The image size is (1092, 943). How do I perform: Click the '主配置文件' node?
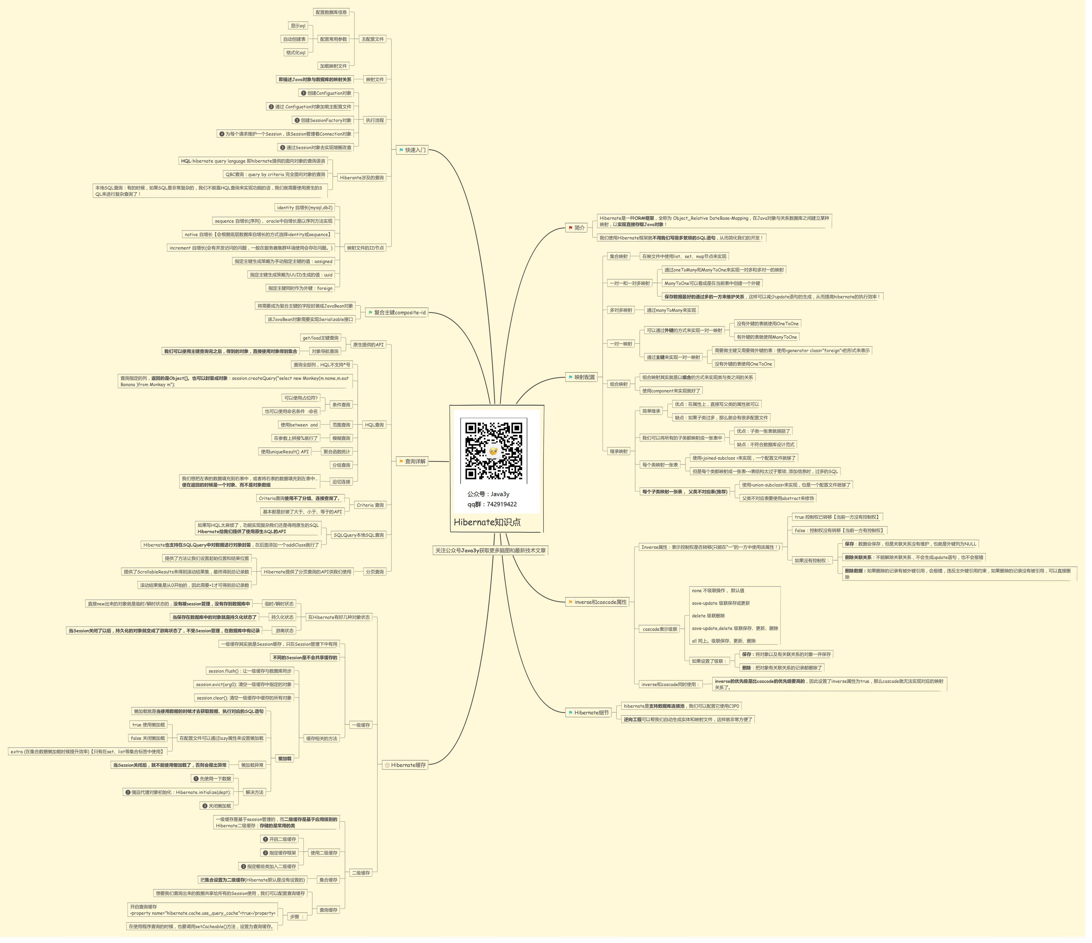[375, 40]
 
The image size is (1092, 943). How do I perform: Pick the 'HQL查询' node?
[376, 427]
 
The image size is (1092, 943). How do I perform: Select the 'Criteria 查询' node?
[372, 508]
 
